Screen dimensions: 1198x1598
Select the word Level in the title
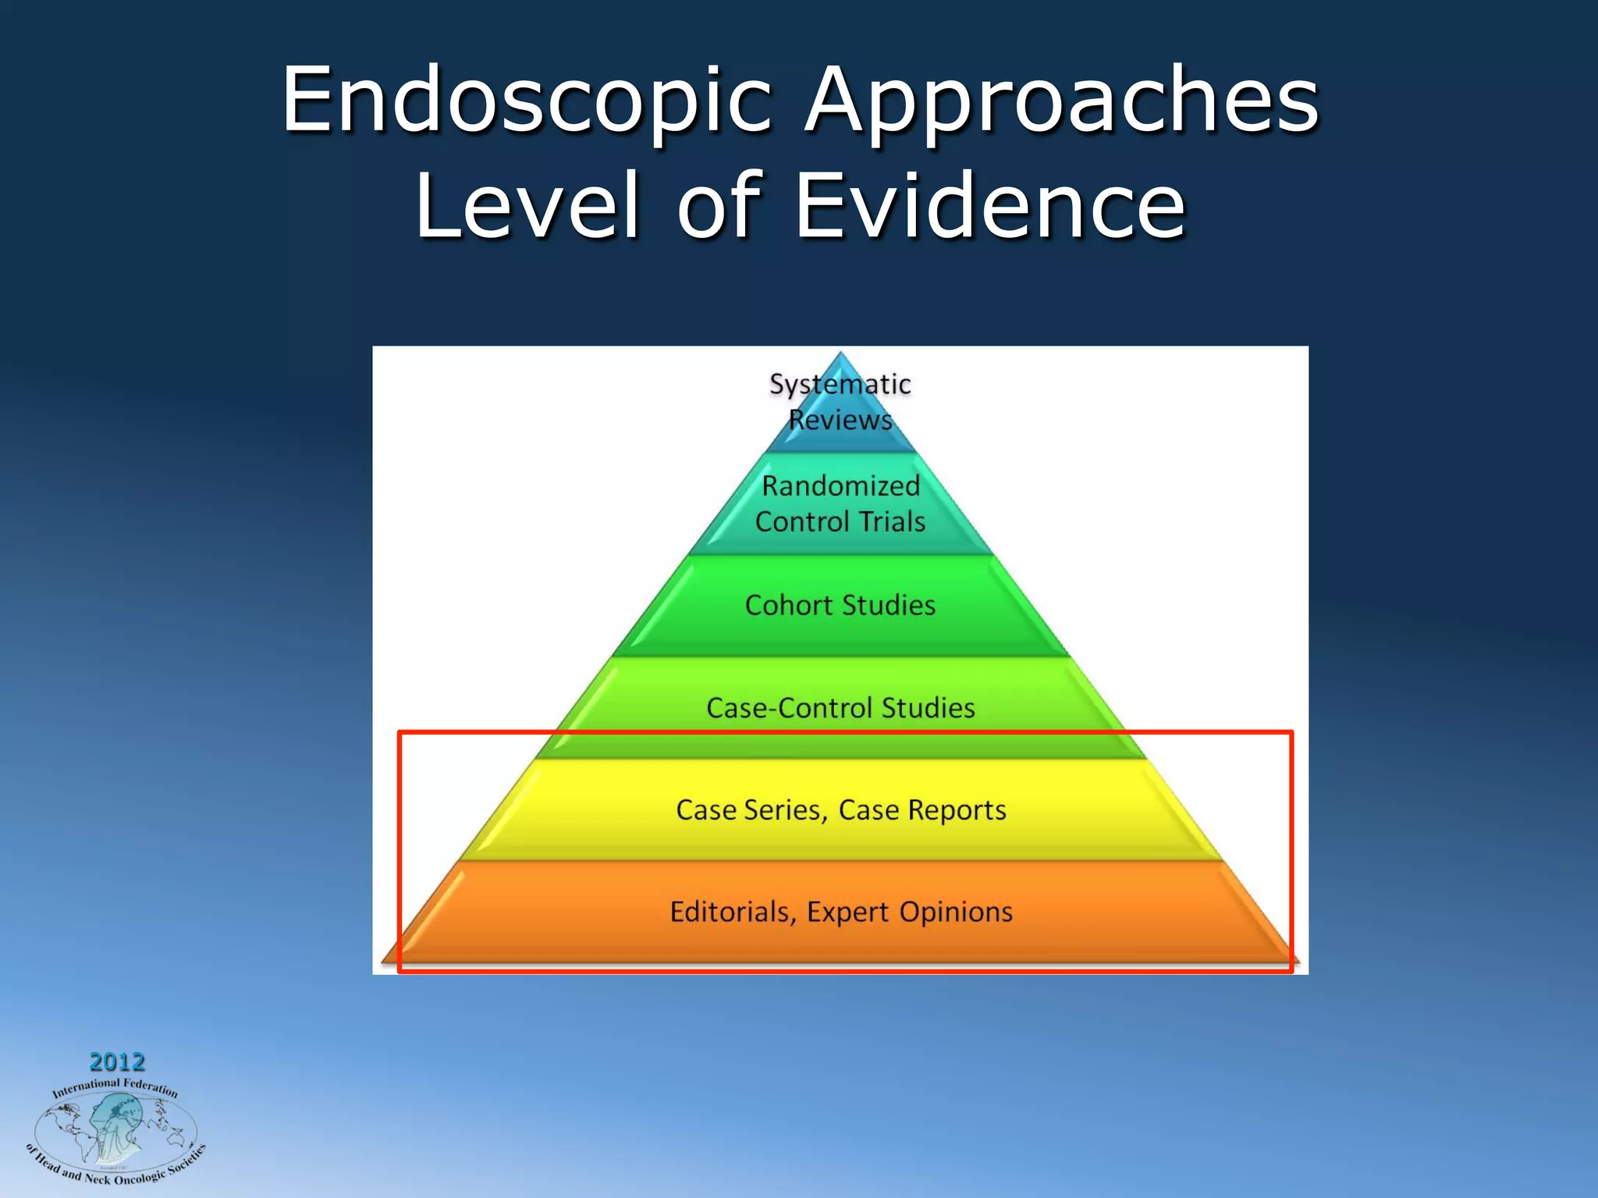point(527,206)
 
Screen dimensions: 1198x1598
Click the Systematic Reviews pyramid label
point(840,402)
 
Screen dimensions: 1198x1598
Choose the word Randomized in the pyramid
point(840,486)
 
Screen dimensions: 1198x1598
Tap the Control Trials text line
point(840,522)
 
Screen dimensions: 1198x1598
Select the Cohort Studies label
point(840,605)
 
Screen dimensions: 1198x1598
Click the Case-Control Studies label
point(840,708)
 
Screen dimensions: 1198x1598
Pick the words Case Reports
point(922,810)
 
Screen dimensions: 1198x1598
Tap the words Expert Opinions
point(910,912)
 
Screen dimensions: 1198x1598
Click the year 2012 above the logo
point(117,1062)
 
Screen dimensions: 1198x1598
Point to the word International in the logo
point(86,1088)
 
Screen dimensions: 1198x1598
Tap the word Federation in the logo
point(151,1086)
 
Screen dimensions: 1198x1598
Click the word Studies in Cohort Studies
point(889,605)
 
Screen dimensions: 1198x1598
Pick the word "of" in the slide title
point(718,206)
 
